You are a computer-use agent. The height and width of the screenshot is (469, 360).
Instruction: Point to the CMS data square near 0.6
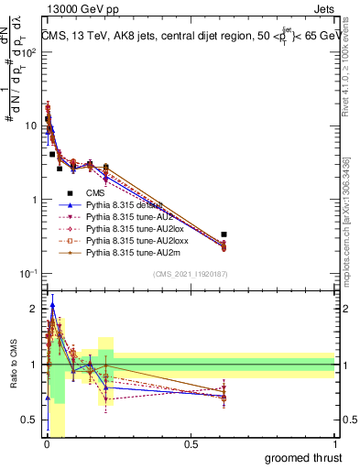224,234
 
